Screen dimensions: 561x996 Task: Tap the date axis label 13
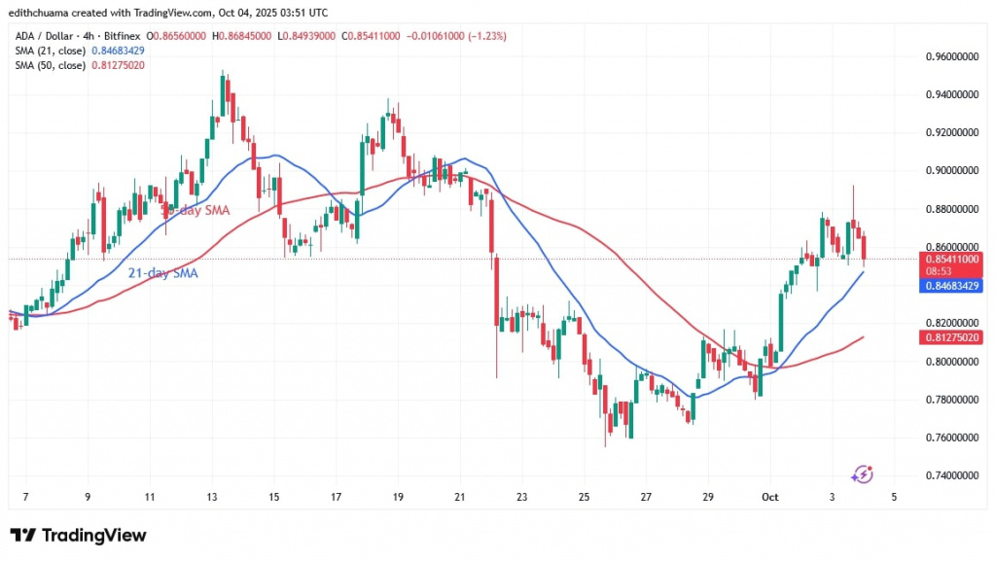click(x=211, y=498)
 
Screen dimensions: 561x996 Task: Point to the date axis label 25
click(x=585, y=498)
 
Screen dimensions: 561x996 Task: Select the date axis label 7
click(x=25, y=498)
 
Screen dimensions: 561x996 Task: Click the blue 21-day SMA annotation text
click(x=163, y=274)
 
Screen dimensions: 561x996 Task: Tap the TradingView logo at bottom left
click(x=78, y=536)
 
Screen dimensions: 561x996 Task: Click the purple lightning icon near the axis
click(x=861, y=473)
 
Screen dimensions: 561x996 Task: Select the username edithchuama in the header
click(x=48, y=12)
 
